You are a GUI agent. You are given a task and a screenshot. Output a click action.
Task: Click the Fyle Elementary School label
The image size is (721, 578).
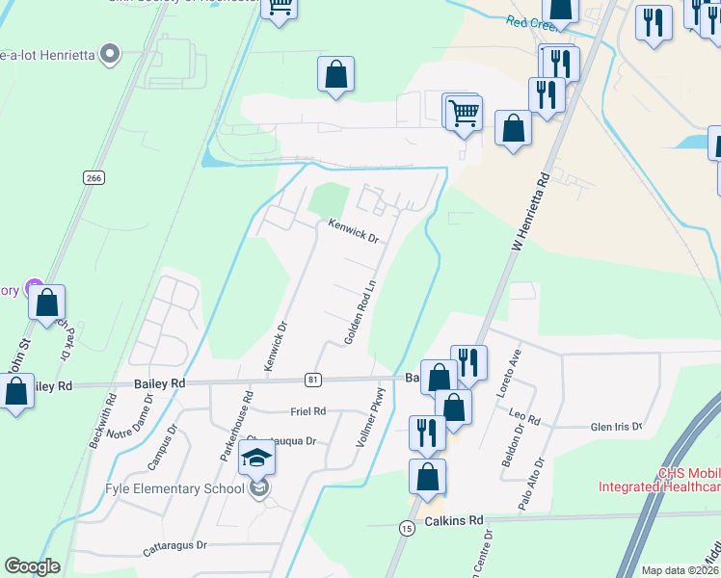174,488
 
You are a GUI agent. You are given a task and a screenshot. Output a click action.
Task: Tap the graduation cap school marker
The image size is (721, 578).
257,459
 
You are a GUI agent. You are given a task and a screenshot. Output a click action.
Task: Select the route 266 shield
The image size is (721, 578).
93,178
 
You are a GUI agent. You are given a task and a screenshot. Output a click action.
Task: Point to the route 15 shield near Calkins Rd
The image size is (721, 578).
406,528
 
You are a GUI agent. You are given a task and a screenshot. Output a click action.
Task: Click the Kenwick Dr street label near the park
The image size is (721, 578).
353,231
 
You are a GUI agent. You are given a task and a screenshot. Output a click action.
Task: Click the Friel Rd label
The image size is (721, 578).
307,411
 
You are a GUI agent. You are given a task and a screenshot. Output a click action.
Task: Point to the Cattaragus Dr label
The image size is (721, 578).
174,545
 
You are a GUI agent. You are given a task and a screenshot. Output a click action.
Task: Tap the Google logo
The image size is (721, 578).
32,566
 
